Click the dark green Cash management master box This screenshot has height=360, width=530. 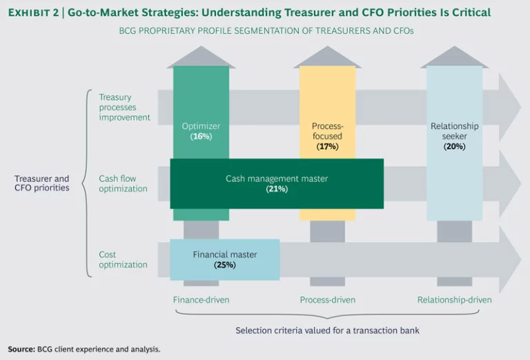tap(276, 183)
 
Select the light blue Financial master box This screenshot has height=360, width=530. tap(225, 259)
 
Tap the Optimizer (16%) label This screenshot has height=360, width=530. tap(201, 131)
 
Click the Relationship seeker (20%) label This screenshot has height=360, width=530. tap(454, 136)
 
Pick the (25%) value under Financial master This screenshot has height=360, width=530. tap(225, 265)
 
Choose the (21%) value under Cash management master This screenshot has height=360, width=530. tap(276, 189)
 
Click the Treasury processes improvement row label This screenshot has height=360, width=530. tap(124, 107)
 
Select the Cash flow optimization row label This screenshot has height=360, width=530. tap(123, 183)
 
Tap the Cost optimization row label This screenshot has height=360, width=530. tap(123, 259)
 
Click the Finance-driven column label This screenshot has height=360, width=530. tap(201, 300)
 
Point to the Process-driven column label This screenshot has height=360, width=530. tap(327, 300)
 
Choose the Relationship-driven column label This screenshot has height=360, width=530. tap(454, 300)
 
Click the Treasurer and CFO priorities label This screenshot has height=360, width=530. tap(42, 183)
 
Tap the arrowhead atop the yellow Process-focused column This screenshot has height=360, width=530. tap(327, 57)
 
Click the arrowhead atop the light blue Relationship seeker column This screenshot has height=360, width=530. tap(454, 57)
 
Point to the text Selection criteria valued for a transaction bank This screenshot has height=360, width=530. tap(327, 330)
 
